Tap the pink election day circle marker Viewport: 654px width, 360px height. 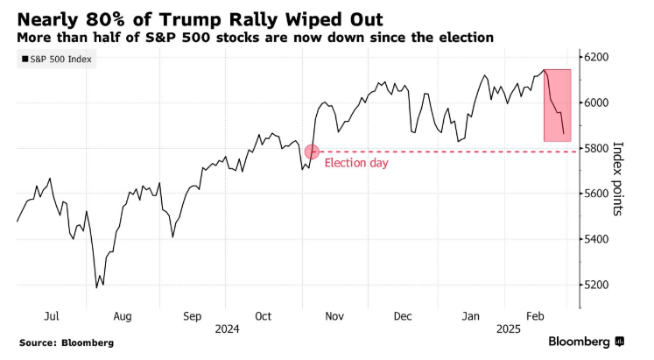pyautogui.click(x=313, y=152)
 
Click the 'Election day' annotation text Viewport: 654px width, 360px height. pyautogui.click(x=355, y=163)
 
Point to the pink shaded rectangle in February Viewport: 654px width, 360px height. pyautogui.click(x=558, y=104)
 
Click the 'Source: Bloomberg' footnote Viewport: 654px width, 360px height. pyautogui.click(x=67, y=342)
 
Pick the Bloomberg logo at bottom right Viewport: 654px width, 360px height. pyautogui.click(x=585, y=342)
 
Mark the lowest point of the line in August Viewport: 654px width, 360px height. pyautogui.click(x=96, y=286)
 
